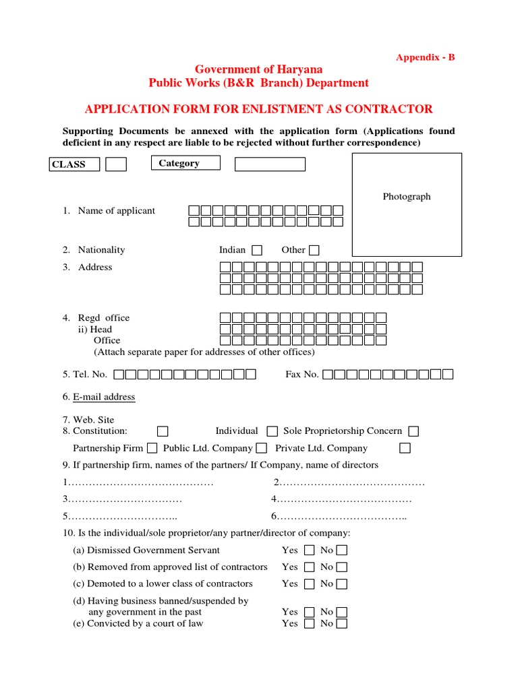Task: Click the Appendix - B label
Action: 425,57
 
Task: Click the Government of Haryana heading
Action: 258,69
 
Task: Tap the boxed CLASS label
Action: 75,164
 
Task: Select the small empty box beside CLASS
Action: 116,164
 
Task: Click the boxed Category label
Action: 185,163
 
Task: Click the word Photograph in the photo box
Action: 407,197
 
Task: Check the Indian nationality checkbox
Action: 257,250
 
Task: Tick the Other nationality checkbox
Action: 314,250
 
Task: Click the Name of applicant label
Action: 116,211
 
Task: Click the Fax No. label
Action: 302,374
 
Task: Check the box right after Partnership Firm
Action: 152,448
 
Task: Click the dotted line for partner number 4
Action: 345,499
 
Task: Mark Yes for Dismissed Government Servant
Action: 309,551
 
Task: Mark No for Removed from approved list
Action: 342,567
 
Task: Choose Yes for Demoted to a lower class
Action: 309,584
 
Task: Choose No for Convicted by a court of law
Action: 342,624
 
